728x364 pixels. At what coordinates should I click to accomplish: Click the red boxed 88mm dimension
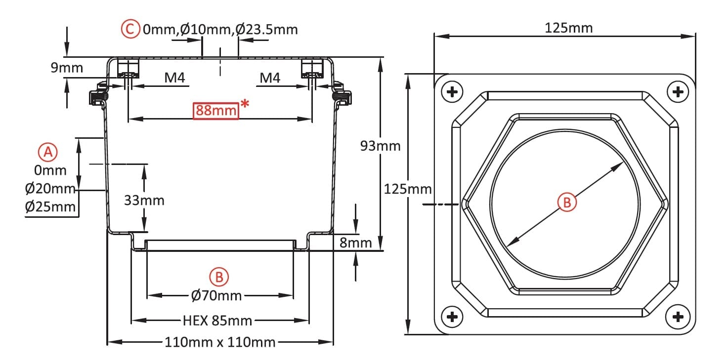(x=216, y=111)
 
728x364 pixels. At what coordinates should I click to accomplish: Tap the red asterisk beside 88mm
(x=245, y=104)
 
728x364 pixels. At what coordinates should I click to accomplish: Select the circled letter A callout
(x=48, y=152)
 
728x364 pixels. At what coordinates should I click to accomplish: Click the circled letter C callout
(x=130, y=29)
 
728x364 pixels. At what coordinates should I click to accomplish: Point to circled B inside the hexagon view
(x=567, y=202)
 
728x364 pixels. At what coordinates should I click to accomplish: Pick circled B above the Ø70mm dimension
(x=219, y=277)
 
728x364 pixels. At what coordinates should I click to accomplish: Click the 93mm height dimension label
(x=380, y=146)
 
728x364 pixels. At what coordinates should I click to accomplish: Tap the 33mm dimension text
(x=144, y=201)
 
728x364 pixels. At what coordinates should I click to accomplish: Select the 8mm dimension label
(x=355, y=243)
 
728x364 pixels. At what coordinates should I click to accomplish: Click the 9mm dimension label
(x=67, y=68)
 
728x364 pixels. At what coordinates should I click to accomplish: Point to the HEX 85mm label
(x=217, y=321)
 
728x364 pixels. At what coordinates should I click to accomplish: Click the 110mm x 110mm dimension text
(x=220, y=342)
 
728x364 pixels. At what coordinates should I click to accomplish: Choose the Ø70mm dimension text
(x=216, y=295)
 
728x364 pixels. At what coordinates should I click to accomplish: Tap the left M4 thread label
(x=174, y=78)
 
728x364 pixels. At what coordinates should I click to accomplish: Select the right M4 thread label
(x=270, y=78)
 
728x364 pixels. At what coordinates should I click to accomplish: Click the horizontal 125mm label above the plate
(x=568, y=28)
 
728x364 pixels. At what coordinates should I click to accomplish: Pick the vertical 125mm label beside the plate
(x=408, y=189)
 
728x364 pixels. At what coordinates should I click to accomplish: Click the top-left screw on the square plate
(x=452, y=92)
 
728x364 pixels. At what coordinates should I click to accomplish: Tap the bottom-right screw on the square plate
(x=678, y=317)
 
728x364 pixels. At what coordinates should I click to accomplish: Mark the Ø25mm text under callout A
(x=50, y=206)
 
